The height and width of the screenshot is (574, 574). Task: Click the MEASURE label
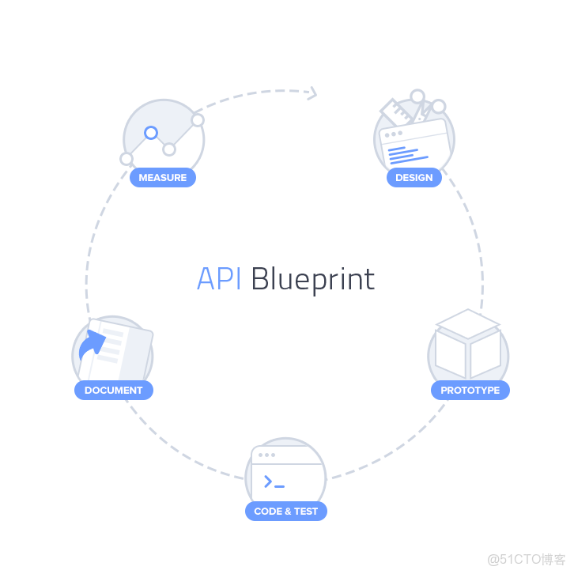162,178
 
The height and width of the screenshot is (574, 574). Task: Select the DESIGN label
414,178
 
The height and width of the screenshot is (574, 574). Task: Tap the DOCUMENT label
114,390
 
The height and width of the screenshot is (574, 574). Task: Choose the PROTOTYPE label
470,390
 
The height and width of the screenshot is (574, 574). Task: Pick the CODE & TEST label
285,511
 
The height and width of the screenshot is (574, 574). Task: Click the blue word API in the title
219,279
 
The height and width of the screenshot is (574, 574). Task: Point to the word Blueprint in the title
312,280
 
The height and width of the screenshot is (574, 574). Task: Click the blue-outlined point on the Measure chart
151,133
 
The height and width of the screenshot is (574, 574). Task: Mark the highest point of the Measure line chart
198,120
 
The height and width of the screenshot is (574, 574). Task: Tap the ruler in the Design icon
398,115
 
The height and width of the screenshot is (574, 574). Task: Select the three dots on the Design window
392,134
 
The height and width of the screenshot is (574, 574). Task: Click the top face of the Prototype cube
468,323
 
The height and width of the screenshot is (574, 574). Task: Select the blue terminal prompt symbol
274,481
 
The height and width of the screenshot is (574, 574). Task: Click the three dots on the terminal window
266,455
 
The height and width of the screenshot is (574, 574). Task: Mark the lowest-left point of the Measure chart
127,159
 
